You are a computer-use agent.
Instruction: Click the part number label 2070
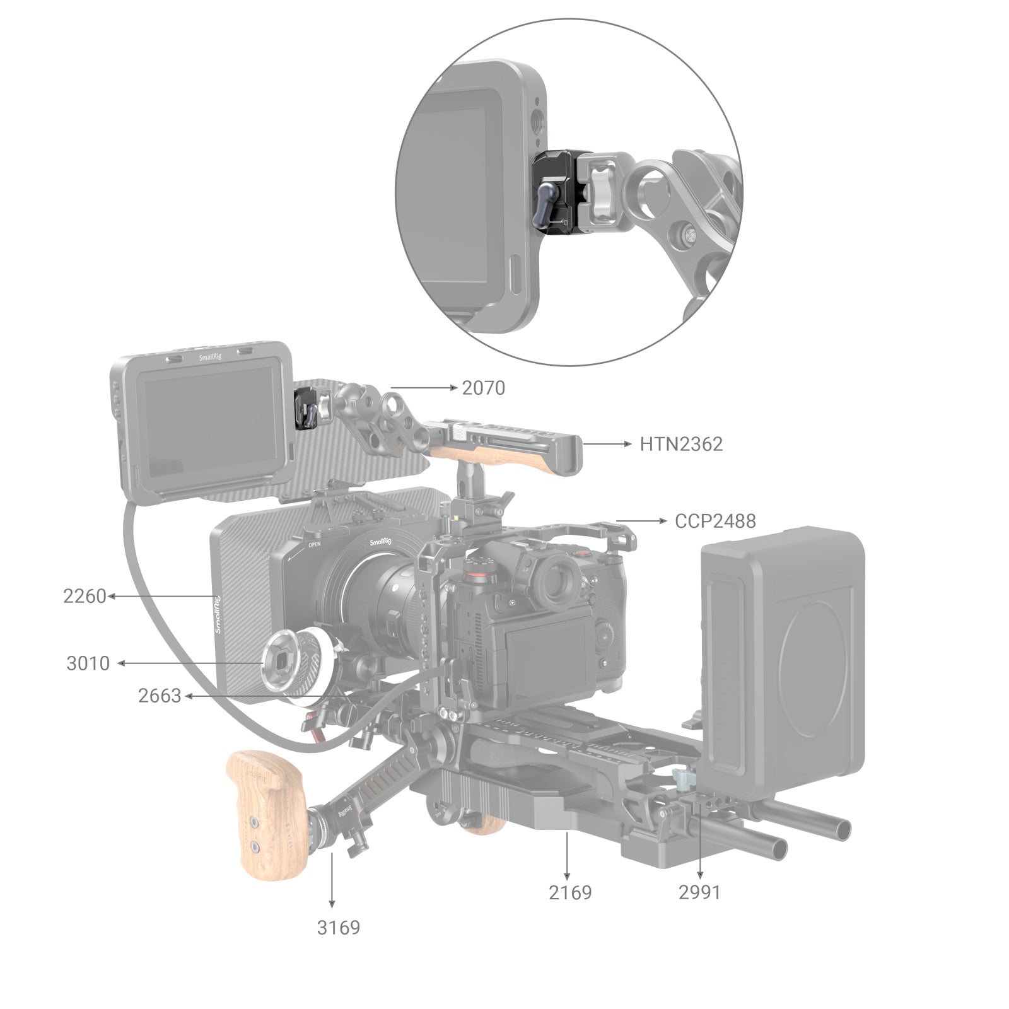[x=483, y=388]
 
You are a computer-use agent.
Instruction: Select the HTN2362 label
[x=681, y=444]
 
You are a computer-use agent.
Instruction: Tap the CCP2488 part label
[x=714, y=521]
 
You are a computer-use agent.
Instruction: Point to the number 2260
[x=85, y=596]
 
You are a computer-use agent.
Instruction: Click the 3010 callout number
[x=88, y=663]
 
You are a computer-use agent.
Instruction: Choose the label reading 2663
[x=160, y=696]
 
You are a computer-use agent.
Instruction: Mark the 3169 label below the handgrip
[x=338, y=927]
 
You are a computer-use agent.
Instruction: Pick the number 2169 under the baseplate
[x=570, y=892]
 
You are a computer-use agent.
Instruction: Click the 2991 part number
[x=699, y=892]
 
